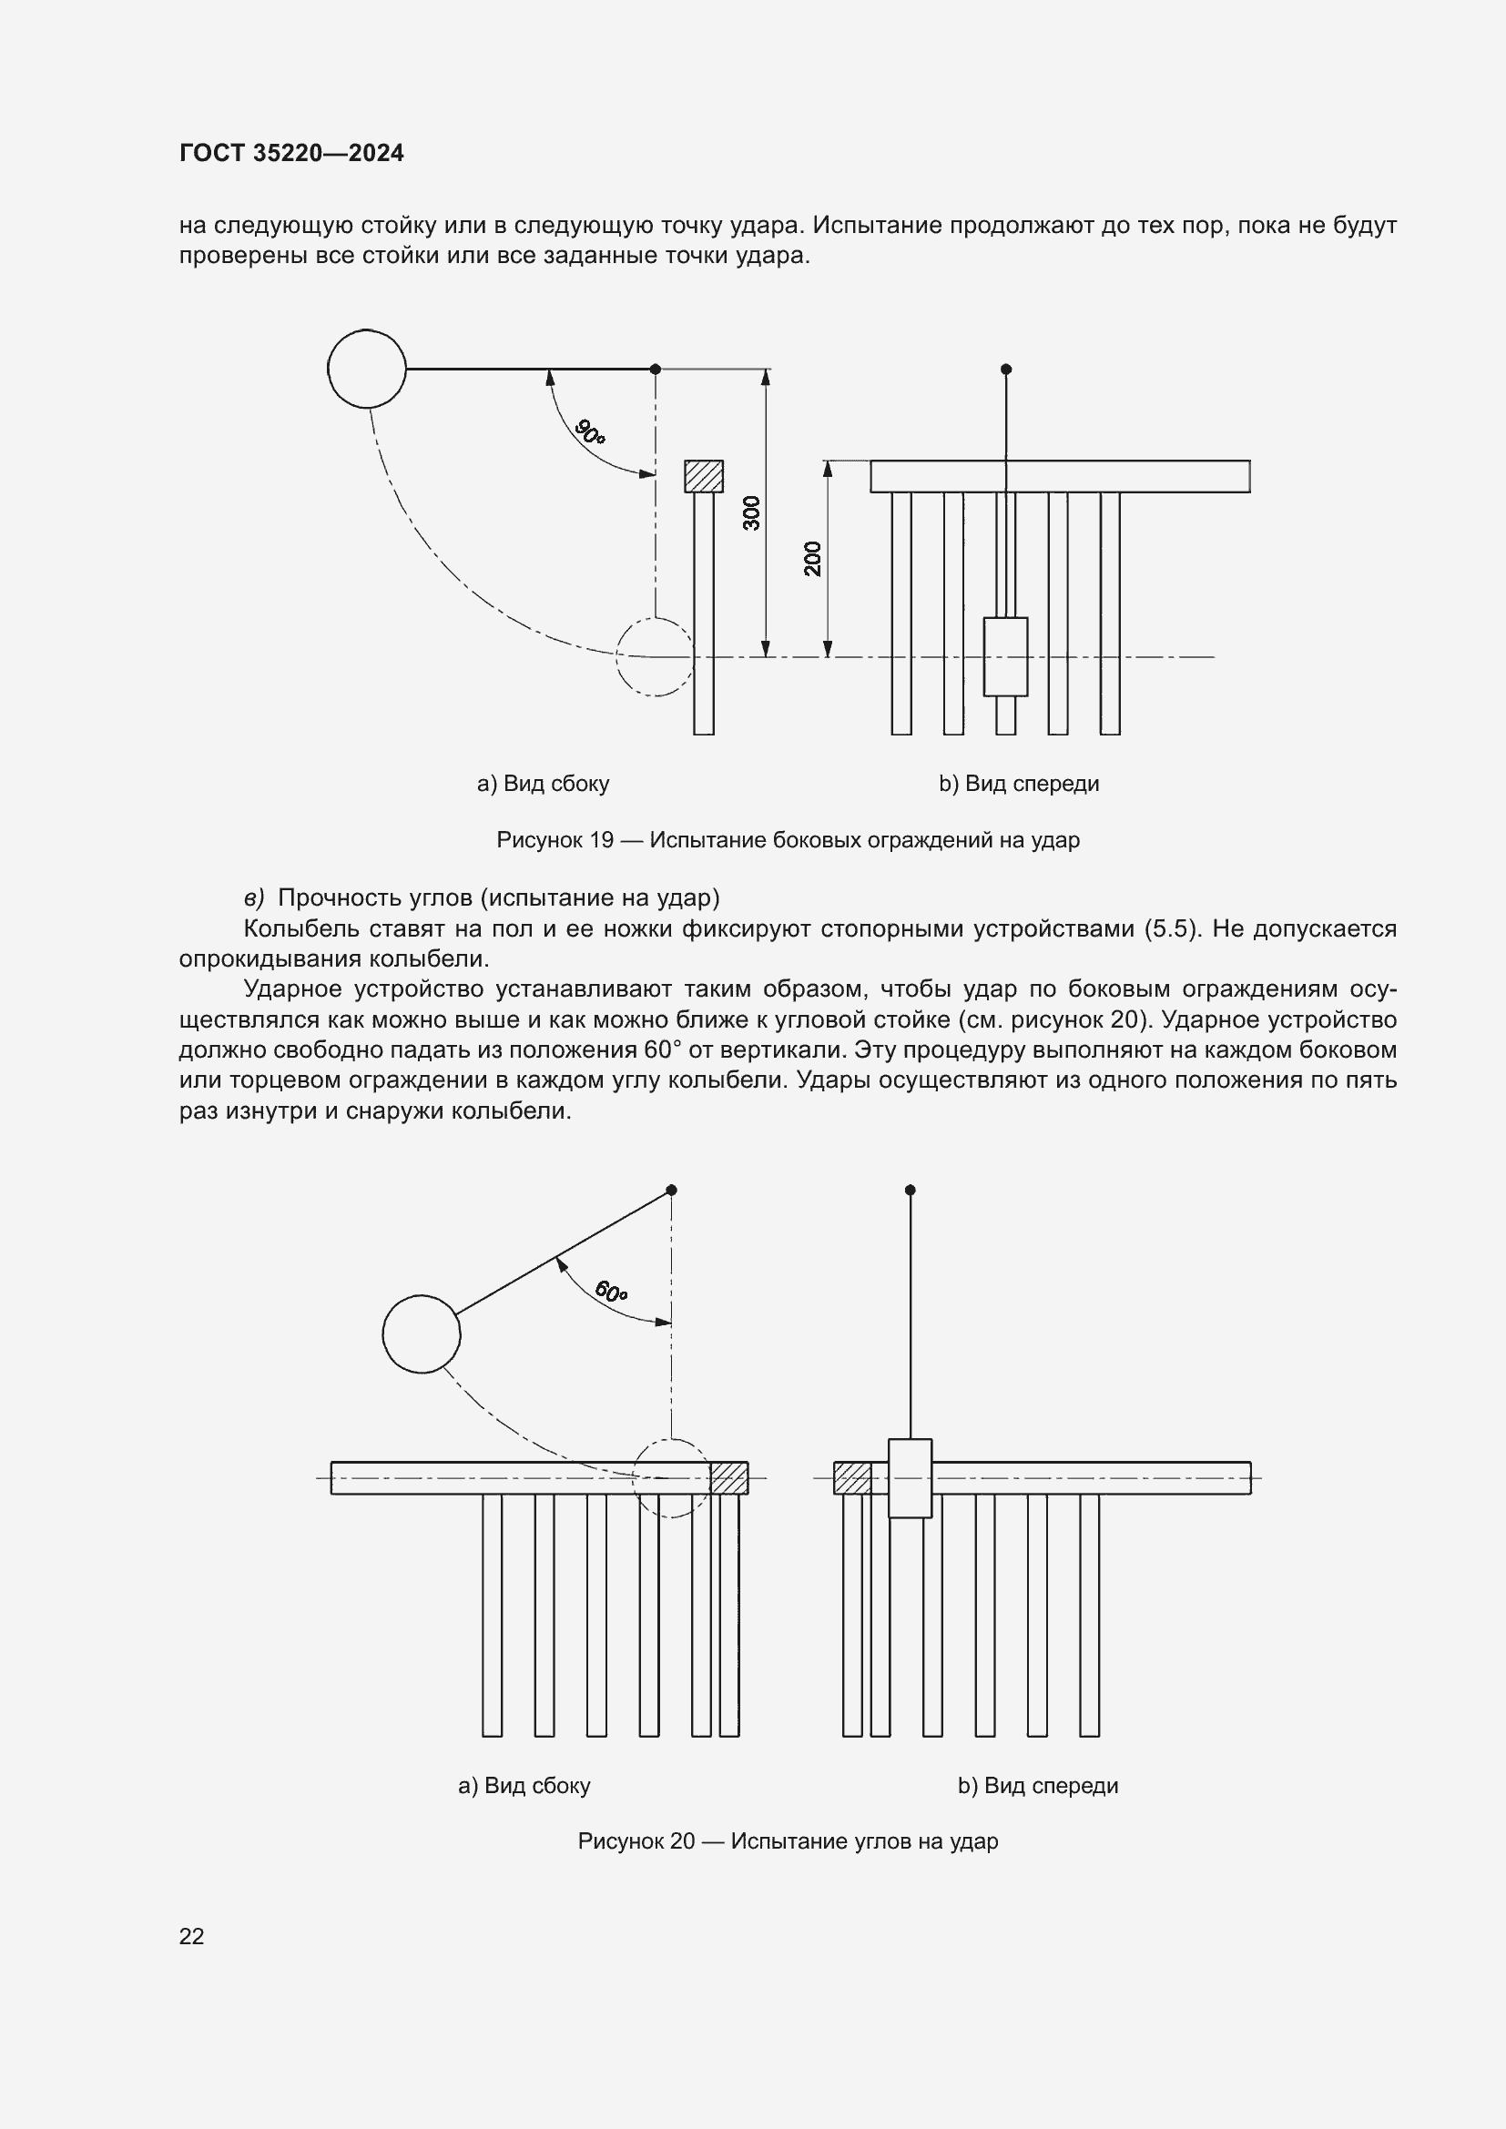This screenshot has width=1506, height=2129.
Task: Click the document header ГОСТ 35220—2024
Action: pyautogui.click(x=291, y=153)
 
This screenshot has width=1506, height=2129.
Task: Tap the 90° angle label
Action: pyautogui.click(x=590, y=431)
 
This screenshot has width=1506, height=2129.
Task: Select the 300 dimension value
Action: pyautogui.click(x=752, y=512)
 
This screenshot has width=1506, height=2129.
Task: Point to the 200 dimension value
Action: pyautogui.click(x=813, y=558)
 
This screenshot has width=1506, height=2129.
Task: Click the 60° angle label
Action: pyautogui.click(x=611, y=1291)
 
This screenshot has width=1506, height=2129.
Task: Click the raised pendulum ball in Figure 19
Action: pyautogui.click(x=367, y=368)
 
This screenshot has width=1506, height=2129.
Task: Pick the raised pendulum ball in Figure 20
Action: pyautogui.click(x=421, y=1333)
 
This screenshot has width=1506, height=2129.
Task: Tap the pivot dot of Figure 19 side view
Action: pyautogui.click(x=656, y=369)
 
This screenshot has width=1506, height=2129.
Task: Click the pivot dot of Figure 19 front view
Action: pyautogui.click(x=1006, y=369)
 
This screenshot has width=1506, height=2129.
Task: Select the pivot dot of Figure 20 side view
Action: pyautogui.click(x=671, y=1190)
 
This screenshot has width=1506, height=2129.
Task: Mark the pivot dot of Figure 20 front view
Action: pyautogui.click(x=910, y=1190)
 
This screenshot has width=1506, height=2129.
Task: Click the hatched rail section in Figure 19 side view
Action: pyautogui.click(x=704, y=477)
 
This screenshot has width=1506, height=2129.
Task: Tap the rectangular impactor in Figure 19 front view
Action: pyautogui.click(x=1005, y=656)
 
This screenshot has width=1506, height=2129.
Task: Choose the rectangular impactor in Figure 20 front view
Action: pyautogui.click(x=910, y=1478)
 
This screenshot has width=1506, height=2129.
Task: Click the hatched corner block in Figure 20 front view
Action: pyautogui.click(x=851, y=1478)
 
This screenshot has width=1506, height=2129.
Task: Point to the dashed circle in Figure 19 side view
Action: pyautogui.click(x=655, y=656)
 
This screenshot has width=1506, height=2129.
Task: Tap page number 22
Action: pyautogui.click(x=192, y=1936)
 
